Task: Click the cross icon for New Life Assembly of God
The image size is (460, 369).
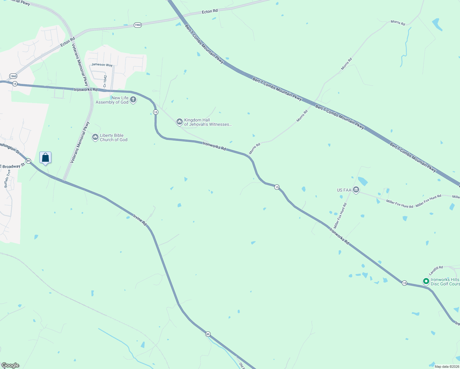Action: point(133,100)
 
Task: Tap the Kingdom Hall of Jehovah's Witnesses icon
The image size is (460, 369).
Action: point(179,122)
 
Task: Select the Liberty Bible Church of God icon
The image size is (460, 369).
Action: point(95,137)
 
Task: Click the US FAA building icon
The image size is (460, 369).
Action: point(356,190)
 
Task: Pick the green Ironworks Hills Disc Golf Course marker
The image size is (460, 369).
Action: point(426,281)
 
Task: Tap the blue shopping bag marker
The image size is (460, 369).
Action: point(46,158)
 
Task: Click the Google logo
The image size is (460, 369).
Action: point(10,365)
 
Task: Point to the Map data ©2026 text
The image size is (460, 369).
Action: point(446,367)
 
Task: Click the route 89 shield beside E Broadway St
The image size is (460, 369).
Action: point(28,161)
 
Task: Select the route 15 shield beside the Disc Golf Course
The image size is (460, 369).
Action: point(404,283)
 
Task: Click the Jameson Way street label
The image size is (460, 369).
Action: point(102,65)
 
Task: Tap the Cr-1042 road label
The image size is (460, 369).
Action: point(105,81)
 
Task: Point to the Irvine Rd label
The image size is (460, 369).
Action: point(140,220)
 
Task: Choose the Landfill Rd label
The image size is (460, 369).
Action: point(436,270)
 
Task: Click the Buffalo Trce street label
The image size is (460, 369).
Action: point(7,178)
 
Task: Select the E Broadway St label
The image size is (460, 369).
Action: point(12,166)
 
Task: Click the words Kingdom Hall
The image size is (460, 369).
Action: point(197,120)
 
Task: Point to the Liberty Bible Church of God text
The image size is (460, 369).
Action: point(113,137)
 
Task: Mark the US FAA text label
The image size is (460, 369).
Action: point(344,190)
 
